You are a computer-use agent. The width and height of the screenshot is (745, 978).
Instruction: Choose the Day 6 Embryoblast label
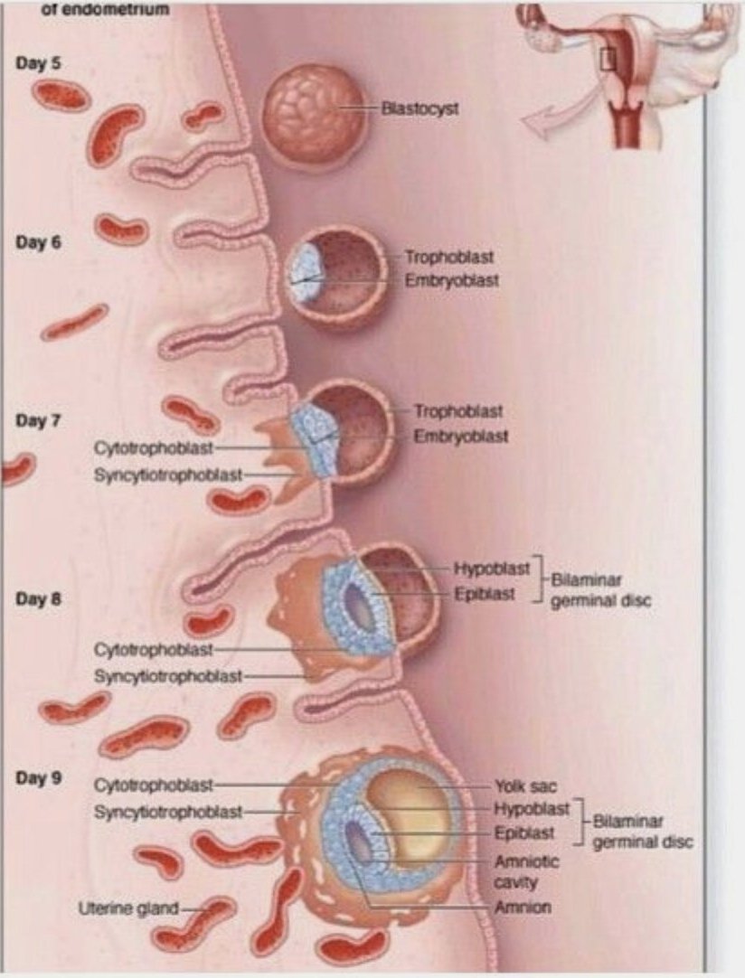(x=451, y=280)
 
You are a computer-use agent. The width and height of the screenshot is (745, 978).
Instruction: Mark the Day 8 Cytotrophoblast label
(x=153, y=650)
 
